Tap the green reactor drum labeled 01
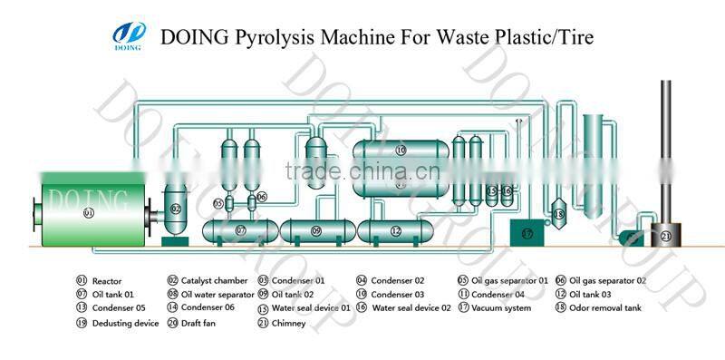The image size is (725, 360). (x=88, y=211)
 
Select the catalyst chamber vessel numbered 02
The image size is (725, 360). (x=176, y=209)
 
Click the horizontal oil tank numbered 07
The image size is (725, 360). (x=241, y=231)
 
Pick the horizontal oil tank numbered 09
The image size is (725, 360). (x=315, y=231)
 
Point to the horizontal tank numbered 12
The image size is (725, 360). (x=395, y=231)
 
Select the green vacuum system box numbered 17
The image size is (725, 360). (x=527, y=233)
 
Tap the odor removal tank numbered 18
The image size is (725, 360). (x=558, y=214)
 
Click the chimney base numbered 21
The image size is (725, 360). (x=665, y=237)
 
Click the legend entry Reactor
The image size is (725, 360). (x=107, y=281)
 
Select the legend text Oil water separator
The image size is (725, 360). (x=217, y=295)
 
